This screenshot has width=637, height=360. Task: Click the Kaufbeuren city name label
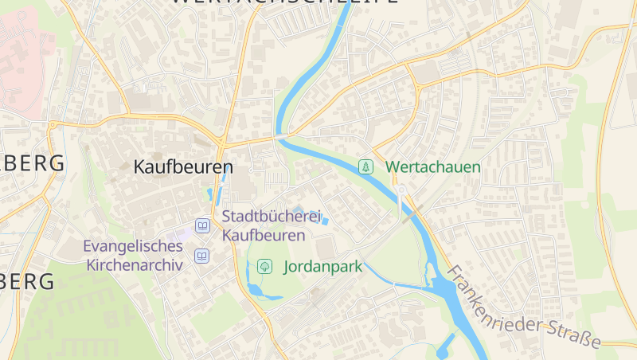coord(183,167)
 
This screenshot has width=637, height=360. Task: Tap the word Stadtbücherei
coord(271,217)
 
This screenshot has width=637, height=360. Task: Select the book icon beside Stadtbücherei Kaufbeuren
coord(202,227)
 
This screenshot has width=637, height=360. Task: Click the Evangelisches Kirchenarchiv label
coord(133,256)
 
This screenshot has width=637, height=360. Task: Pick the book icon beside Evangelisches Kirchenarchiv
coord(202,256)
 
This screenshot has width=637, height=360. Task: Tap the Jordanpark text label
coord(322,267)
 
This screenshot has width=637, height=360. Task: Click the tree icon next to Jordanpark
coord(264,267)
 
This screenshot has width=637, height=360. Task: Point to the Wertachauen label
coord(433,167)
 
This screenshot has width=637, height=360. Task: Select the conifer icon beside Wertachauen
coord(365,167)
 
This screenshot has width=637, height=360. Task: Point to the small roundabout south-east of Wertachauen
coord(402,190)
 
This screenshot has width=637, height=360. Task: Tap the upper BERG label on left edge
coord(32,163)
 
